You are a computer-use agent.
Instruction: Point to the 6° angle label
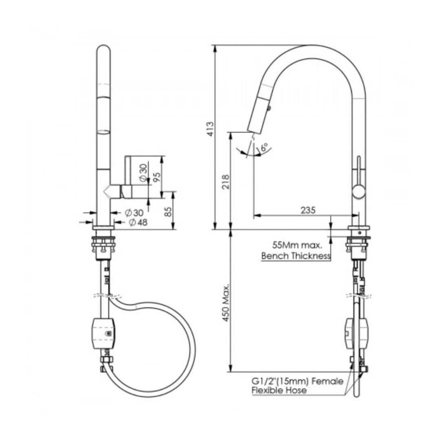point(264,147)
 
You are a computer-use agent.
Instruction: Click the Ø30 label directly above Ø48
point(134,212)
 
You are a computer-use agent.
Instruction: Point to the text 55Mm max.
point(297,246)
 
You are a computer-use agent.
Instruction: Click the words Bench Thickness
point(296,256)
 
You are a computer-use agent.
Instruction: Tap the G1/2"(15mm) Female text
point(297,381)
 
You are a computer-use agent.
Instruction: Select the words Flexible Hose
point(279,390)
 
